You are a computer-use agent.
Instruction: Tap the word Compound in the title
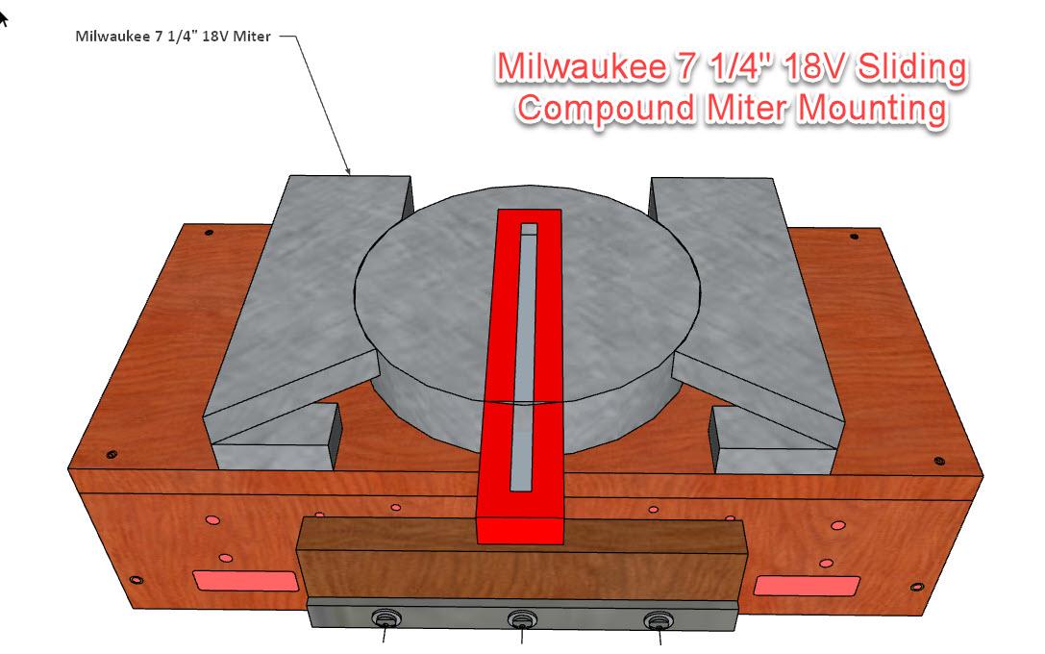point(600,108)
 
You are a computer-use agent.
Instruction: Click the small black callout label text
point(173,37)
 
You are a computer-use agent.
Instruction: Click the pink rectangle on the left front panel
point(245,580)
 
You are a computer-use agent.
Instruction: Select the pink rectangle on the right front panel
point(805,585)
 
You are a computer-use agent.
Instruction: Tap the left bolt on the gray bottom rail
point(386,619)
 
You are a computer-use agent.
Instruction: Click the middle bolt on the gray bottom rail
point(521,620)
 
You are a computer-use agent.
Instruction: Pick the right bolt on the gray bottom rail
point(657,620)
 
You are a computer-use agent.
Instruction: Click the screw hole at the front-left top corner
point(112,454)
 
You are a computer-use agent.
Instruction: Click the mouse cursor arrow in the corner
point(4,18)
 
